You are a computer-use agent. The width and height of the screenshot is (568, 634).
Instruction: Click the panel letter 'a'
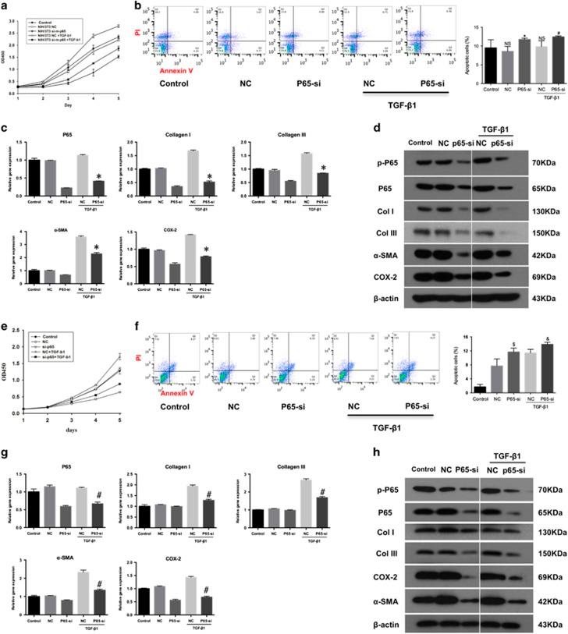pos(5,6)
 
